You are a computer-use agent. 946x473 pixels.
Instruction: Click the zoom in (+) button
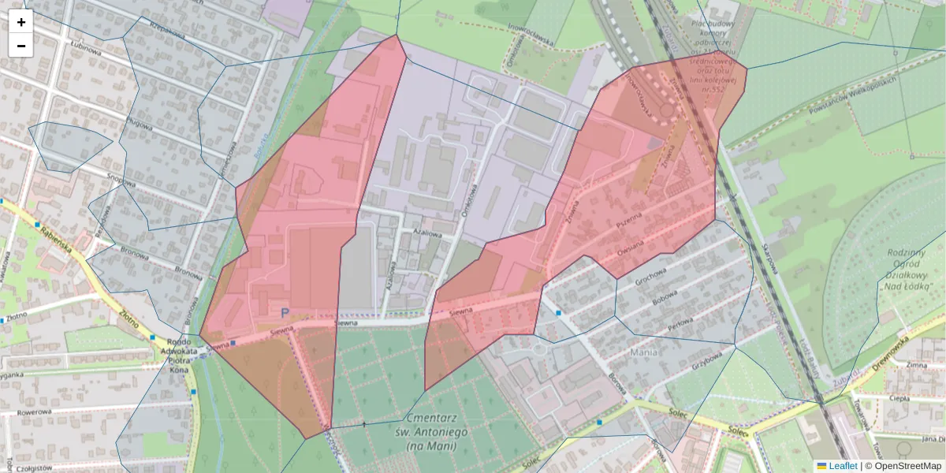pos(21,22)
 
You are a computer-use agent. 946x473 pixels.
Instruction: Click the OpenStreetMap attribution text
pos(907,466)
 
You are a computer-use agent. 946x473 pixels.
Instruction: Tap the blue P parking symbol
pos(285,313)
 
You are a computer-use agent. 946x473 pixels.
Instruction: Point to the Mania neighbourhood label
pos(646,352)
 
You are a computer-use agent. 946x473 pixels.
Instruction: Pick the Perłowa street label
pos(680,326)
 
